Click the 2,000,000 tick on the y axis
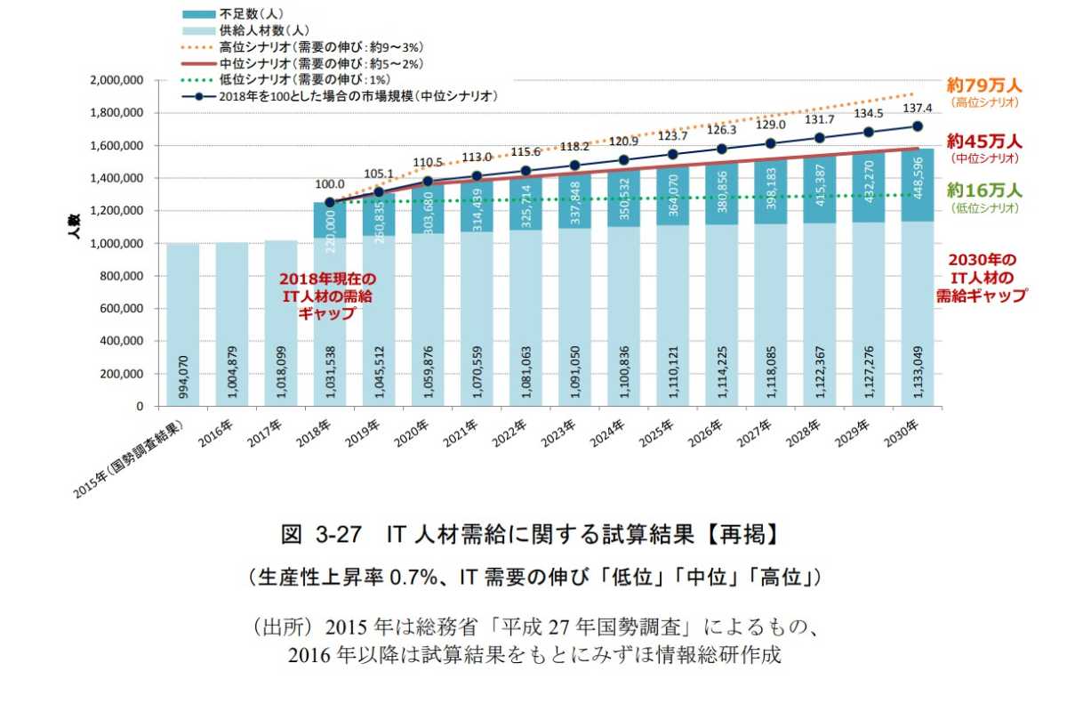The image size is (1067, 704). (119, 80)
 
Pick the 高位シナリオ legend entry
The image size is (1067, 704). (302, 47)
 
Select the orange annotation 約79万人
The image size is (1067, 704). (984, 86)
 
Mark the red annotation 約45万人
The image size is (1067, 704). (984, 142)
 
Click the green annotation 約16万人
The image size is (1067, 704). (984, 190)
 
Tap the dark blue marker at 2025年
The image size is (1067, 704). (672, 154)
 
